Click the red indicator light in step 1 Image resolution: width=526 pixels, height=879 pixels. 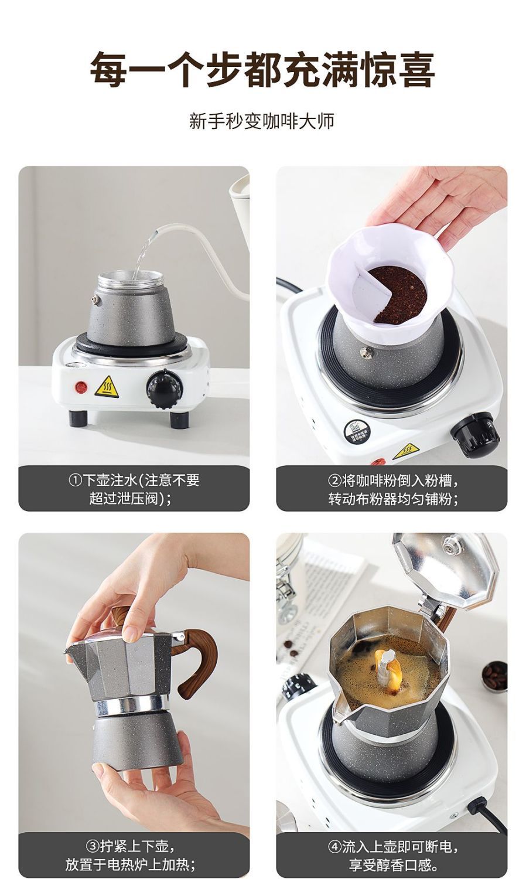(81, 387)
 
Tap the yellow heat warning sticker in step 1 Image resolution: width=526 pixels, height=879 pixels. (107, 387)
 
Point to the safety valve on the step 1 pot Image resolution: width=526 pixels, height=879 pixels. (95, 300)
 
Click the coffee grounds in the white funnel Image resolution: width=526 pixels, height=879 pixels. (398, 294)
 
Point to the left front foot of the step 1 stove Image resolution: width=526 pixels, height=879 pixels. (76, 418)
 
